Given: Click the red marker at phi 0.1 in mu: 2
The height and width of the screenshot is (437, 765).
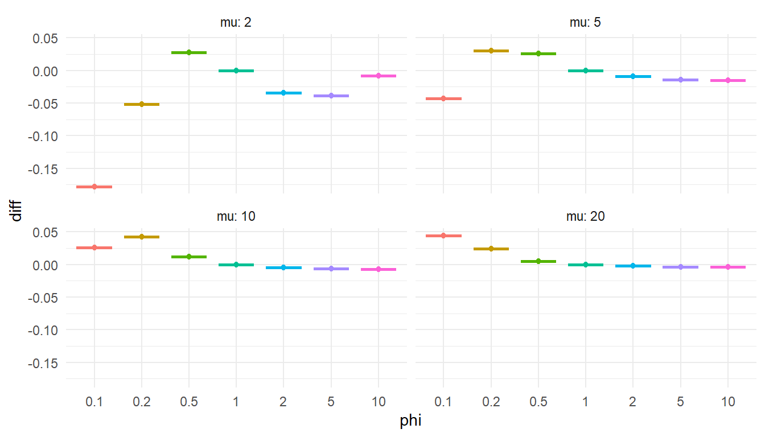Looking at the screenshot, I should [94, 187].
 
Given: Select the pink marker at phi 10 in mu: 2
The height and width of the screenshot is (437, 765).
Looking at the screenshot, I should [379, 76].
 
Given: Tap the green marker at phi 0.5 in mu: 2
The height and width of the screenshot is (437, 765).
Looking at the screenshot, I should [189, 52].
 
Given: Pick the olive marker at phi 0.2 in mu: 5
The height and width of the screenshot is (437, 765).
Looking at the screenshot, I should [491, 51].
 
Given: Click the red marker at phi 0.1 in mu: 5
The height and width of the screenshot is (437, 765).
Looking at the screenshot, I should [443, 98].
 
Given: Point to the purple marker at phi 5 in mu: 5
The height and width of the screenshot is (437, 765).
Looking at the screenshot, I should [680, 80].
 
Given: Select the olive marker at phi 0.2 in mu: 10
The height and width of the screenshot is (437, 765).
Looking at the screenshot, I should [142, 237].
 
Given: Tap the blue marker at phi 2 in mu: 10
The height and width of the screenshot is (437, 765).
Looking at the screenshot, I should [283, 267].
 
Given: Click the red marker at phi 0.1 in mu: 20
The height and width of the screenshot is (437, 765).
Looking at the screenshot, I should [443, 236].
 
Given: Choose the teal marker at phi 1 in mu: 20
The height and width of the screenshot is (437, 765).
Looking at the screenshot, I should [585, 265].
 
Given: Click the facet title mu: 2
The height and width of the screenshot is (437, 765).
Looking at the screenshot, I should [236, 23].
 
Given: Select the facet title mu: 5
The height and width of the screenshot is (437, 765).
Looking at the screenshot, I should [585, 23].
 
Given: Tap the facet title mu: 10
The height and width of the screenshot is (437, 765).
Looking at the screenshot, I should [236, 217].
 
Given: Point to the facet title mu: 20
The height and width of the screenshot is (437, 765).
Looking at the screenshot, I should [585, 217].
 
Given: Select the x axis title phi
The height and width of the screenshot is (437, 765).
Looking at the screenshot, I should [410, 422].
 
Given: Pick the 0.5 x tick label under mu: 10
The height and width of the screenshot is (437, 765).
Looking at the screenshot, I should [189, 402].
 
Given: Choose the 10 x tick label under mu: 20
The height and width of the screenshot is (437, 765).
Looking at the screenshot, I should [727, 402].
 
